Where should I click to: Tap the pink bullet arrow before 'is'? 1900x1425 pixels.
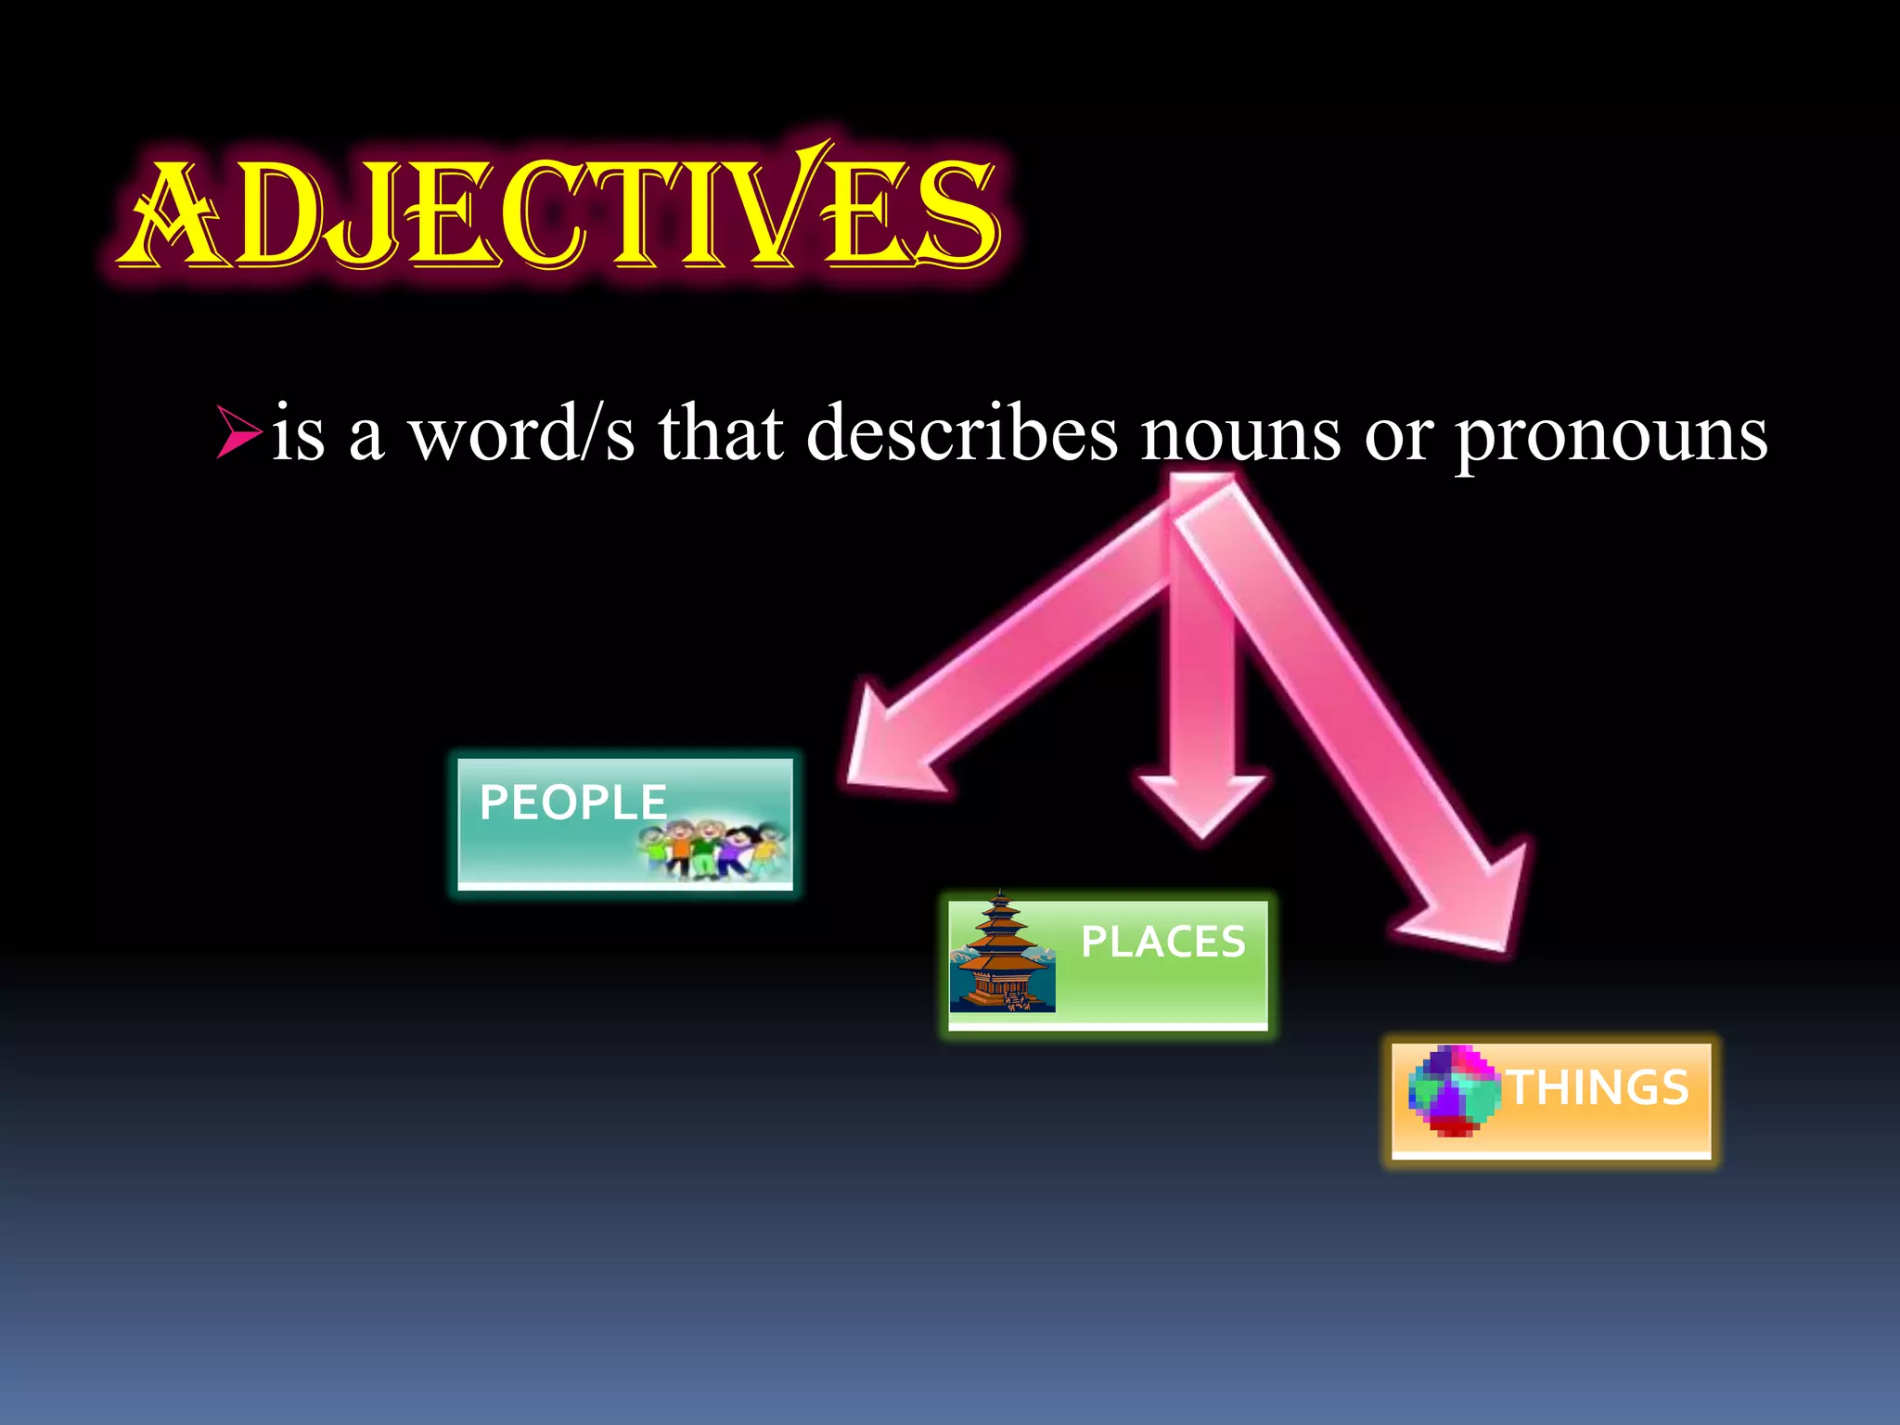click(x=237, y=431)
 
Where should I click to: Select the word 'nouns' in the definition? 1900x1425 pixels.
click(x=1240, y=434)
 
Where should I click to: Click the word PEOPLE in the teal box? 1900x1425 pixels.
click(x=572, y=802)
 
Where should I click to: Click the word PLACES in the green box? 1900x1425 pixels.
click(x=1162, y=942)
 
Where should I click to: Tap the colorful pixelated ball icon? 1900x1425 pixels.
click(x=1453, y=1091)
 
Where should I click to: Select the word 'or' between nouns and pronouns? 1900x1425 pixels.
click(x=1398, y=434)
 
